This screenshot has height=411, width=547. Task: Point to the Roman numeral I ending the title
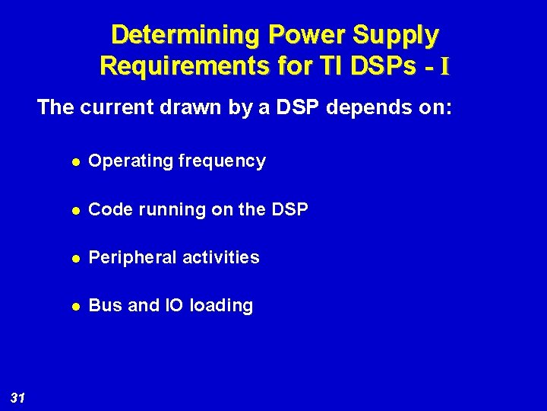click(444, 67)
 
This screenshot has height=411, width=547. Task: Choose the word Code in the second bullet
click(108, 209)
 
